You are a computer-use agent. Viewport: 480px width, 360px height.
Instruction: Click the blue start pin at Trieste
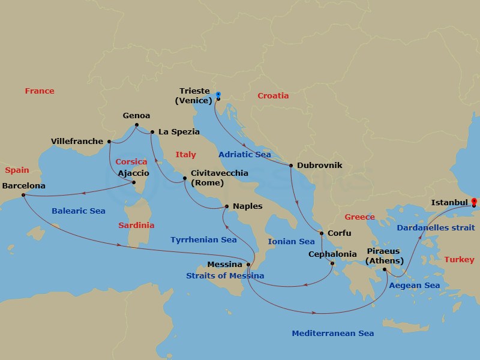pos(218,95)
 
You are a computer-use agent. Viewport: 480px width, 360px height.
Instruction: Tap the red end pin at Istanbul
pos(473,202)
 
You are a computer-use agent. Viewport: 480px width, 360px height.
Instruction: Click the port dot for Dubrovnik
pos(291,166)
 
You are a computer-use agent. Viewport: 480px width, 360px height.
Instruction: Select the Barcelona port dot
pos(23,195)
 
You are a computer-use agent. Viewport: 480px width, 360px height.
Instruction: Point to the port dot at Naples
pos(226,207)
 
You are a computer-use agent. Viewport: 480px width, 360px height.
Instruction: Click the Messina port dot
pos(248,265)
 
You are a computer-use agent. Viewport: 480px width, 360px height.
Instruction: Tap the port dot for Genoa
pos(137,125)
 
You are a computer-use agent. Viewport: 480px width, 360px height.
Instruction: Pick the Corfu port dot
pos(322,233)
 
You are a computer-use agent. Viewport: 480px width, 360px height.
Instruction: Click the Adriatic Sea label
pos(245,154)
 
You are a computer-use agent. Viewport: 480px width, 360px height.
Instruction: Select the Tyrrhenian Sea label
pos(203,239)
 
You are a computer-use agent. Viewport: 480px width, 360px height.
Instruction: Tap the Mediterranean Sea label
pos(332,333)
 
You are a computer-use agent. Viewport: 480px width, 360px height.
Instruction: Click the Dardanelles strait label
pos(435,227)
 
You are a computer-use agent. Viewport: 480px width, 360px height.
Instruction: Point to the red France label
pos(40,91)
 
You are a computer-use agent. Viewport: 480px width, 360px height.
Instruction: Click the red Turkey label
pos(459,260)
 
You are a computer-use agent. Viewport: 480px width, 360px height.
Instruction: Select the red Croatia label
pos(273,95)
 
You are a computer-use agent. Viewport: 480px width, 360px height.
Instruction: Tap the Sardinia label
pos(136,226)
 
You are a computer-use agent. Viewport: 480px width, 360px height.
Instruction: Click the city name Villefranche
pos(76,142)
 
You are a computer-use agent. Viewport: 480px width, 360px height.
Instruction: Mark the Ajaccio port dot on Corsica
pos(133,182)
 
